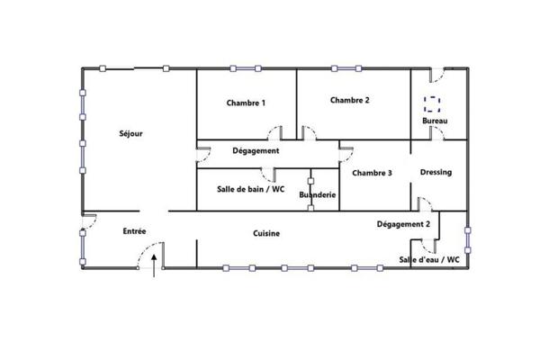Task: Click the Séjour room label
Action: pyautogui.click(x=130, y=133)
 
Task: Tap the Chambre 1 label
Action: pyautogui.click(x=246, y=103)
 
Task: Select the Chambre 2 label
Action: pyautogui.click(x=349, y=100)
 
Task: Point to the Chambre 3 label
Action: pyautogui.click(x=372, y=173)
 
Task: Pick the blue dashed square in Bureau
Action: pyautogui.click(x=433, y=103)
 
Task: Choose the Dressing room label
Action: pyautogui.click(x=436, y=172)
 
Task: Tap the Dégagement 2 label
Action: pyautogui.click(x=403, y=223)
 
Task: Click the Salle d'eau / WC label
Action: pyautogui.click(x=429, y=259)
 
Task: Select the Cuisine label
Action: pyautogui.click(x=265, y=233)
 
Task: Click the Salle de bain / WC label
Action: pyautogui.click(x=251, y=189)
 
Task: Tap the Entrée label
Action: pyautogui.click(x=135, y=231)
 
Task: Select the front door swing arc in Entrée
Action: pyautogui.click(x=142, y=258)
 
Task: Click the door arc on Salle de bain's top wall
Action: pyautogui.click(x=269, y=175)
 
